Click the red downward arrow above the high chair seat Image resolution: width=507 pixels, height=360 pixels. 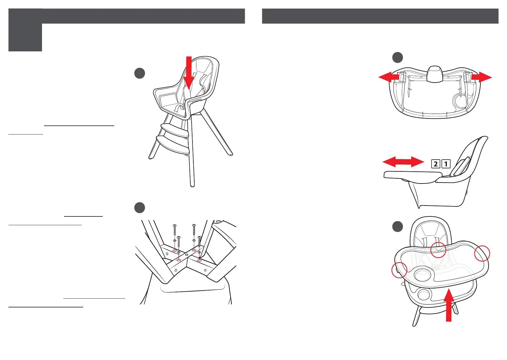(x=189, y=73)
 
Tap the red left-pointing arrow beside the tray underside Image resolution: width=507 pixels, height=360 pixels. (x=389, y=77)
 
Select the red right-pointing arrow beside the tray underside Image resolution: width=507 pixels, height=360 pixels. (x=482, y=77)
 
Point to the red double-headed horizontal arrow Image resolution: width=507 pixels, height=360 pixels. (x=403, y=162)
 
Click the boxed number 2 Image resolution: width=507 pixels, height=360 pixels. (x=436, y=164)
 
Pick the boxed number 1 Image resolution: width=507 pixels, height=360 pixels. (x=446, y=164)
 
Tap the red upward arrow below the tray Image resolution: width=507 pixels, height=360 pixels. (x=449, y=305)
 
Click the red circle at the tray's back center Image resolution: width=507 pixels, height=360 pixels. (x=438, y=250)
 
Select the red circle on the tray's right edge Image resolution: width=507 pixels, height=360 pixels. (x=482, y=253)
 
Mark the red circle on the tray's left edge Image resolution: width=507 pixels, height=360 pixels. (x=399, y=270)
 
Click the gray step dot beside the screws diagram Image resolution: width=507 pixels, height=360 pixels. (x=140, y=208)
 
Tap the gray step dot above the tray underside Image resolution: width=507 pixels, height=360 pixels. (x=397, y=57)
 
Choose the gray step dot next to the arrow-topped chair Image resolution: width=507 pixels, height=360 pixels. (x=140, y=73)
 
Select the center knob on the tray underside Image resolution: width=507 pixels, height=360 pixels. (x=434, y=74)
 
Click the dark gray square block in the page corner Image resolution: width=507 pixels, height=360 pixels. (x=25, y=30)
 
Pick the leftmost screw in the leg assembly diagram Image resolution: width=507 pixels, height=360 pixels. (x=175, y=230)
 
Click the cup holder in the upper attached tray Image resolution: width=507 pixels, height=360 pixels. (x=422, y=274)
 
